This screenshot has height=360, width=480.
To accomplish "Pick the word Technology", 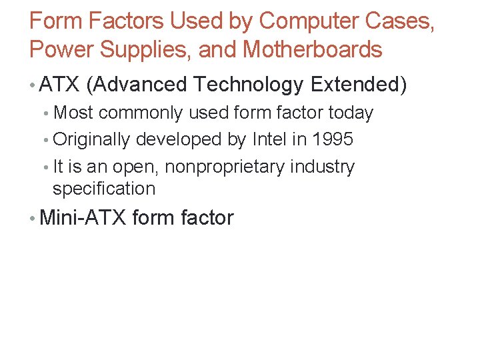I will [x=250, y=85].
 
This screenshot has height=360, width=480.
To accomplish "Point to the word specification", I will [x=104, y=189].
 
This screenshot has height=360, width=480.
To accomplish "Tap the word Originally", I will [x=92, y=139].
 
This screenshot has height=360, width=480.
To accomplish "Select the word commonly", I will [x=141, y=113].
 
